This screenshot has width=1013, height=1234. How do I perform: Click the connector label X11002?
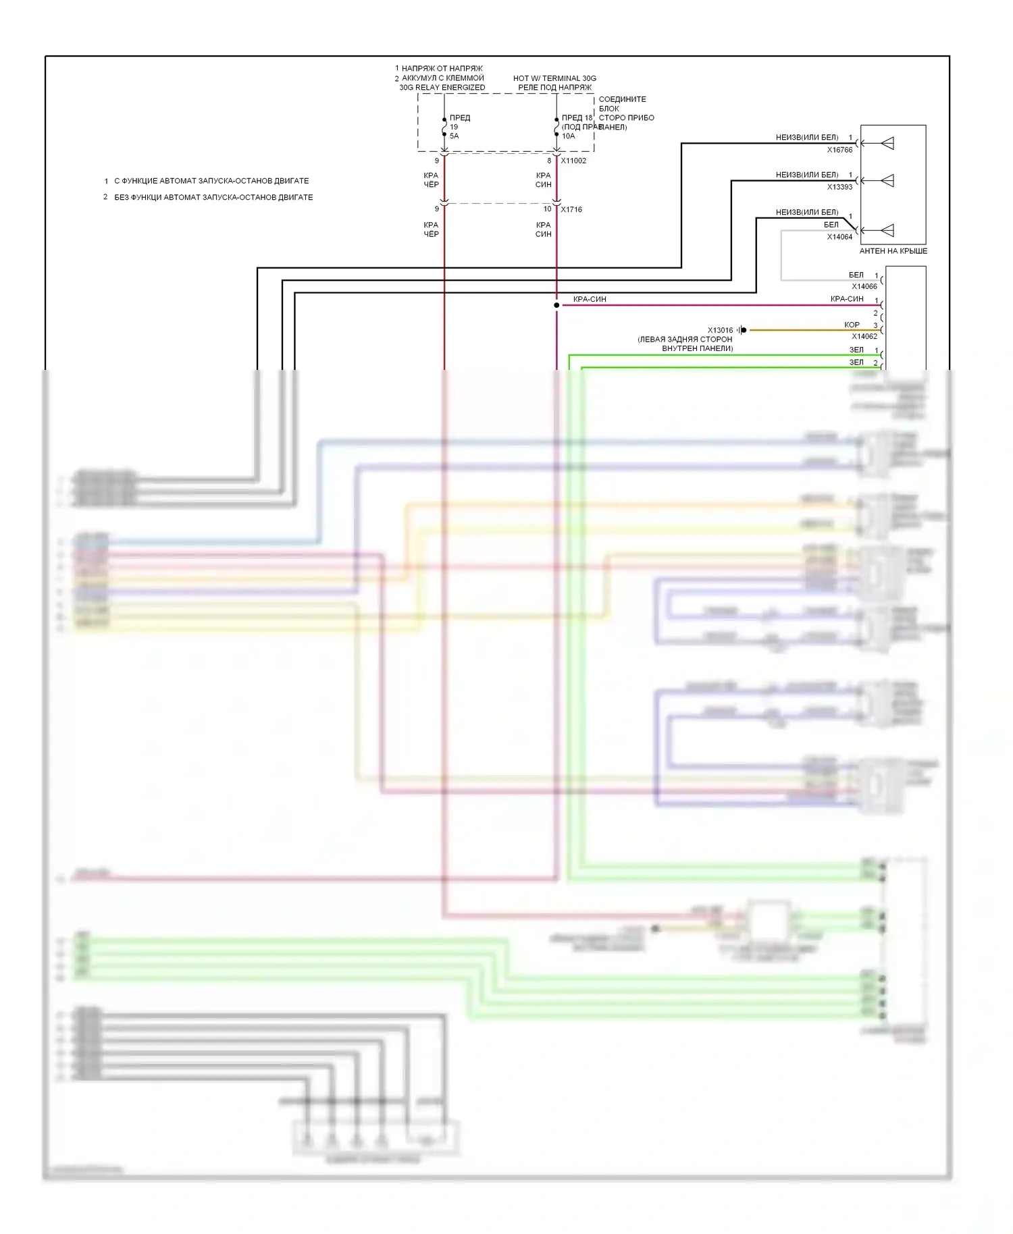(x=573, y=161)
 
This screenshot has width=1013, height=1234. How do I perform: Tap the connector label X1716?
(x=571, y=209)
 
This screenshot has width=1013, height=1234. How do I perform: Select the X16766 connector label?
(x=839, y=150)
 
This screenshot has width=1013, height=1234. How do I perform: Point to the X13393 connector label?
(x=839, y=187)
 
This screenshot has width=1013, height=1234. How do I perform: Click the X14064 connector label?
(x=839, y=237)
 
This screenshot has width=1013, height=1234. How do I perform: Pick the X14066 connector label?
(x=864, y=287)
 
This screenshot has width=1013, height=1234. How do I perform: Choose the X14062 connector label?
(x=864, y=336)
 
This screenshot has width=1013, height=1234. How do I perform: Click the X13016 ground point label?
(x=720, y=331)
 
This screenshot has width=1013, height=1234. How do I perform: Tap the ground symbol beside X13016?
(x=742, y=330)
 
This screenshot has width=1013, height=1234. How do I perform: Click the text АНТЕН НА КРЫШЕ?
(x=893, y=251)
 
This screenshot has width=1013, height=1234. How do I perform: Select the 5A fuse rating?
(x=454, y=136)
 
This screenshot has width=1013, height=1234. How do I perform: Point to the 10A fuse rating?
(x=569, y=136)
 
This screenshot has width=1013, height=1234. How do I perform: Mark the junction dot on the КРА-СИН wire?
(x=556, y=305)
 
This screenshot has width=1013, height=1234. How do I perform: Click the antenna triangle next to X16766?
(x=887, y=143)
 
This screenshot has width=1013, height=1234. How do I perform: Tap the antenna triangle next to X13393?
(x=887, y=180)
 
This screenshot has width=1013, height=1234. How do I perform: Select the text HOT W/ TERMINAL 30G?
(x=554, y=78)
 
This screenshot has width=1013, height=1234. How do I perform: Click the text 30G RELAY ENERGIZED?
(x=442, y=87)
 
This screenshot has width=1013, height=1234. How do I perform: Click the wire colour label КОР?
(x=852, y=325)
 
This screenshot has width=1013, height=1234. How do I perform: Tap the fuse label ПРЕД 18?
(x=577, y=117)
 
